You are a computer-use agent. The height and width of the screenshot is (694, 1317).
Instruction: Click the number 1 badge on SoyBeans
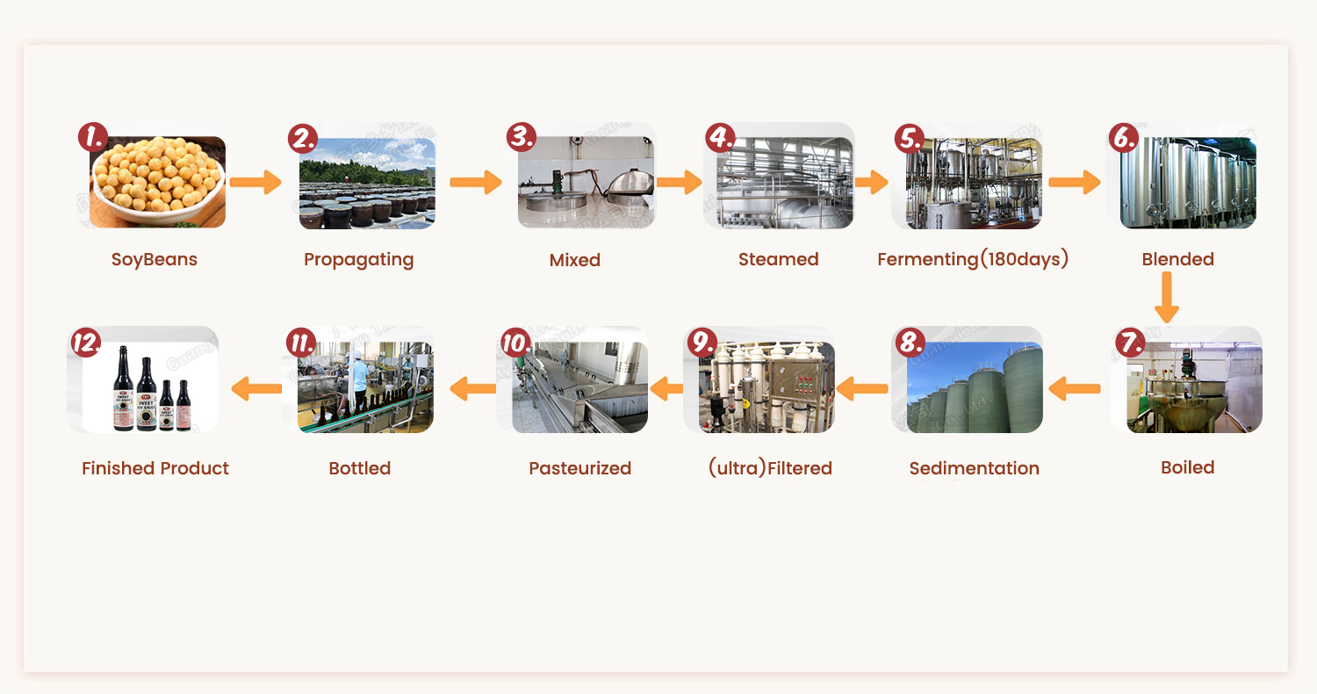coord(93,138)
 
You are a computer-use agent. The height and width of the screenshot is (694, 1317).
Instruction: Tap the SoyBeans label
coord(155,260)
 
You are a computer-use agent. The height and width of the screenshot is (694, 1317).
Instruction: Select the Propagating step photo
coord(367,184)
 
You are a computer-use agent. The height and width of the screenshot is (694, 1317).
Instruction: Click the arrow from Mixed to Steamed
coord(679,182)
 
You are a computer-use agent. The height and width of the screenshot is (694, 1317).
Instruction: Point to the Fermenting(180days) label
coord(973,259)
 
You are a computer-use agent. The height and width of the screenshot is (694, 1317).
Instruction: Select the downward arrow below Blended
coord(1166,298)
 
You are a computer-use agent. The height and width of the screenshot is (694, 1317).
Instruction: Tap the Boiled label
coord(1187,467)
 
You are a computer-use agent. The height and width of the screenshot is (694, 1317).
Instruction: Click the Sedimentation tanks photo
coord(974,387)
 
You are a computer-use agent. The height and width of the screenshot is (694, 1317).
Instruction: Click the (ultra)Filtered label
coord(770,468)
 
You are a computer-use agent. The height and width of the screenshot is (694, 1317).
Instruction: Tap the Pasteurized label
coord(579,468)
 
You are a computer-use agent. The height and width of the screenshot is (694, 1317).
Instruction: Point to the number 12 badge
coord(85,343)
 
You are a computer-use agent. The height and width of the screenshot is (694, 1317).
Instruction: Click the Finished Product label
coord(155,468)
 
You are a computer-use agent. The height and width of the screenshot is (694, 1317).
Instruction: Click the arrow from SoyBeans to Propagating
coord(255,183)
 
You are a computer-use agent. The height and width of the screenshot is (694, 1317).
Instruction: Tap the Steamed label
coord(778,259)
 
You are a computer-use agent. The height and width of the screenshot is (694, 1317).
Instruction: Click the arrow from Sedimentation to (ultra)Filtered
coord(862,387)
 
